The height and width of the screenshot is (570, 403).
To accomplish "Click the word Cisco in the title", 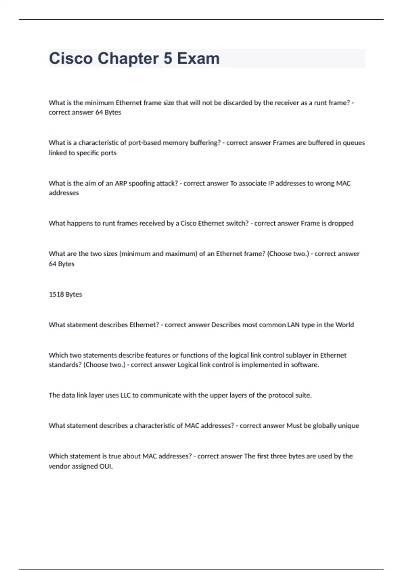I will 71,59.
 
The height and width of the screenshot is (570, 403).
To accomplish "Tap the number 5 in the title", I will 168,59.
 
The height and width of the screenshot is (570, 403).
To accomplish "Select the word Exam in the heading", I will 198,59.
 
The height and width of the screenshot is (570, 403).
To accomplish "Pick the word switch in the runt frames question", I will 237,223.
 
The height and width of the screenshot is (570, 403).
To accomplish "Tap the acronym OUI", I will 106,466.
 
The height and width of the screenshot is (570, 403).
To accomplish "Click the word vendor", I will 59,466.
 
